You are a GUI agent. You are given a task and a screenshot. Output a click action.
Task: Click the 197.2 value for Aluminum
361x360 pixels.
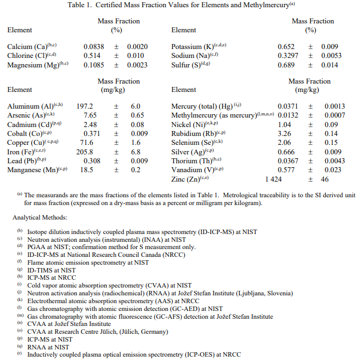(85, 106)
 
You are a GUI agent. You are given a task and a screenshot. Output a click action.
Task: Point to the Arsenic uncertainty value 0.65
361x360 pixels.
(135, 115)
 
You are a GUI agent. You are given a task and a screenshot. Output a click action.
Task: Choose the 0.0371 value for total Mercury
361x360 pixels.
(288, 106)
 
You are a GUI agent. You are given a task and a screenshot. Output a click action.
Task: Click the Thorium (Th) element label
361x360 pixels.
(196, 160)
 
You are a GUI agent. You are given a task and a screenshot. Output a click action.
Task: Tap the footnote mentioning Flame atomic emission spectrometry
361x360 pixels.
(88, 262)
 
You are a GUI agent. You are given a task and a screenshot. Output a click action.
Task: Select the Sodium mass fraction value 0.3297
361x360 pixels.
(288, 56)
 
